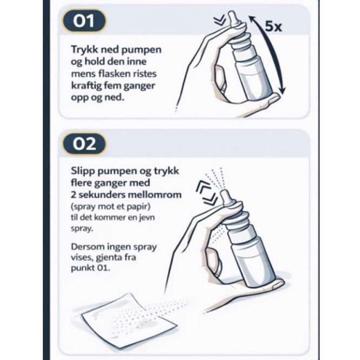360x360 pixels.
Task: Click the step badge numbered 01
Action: click(84, 21)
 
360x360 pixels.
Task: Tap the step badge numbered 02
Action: click(84, 144)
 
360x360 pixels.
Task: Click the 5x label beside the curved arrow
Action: click(273, 27)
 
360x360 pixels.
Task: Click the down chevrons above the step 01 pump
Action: click(220, 21)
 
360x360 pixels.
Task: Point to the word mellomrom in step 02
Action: click(154, 195)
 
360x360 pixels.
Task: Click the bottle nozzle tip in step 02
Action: click(224, 192)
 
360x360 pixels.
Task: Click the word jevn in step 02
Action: click(147, 218)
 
